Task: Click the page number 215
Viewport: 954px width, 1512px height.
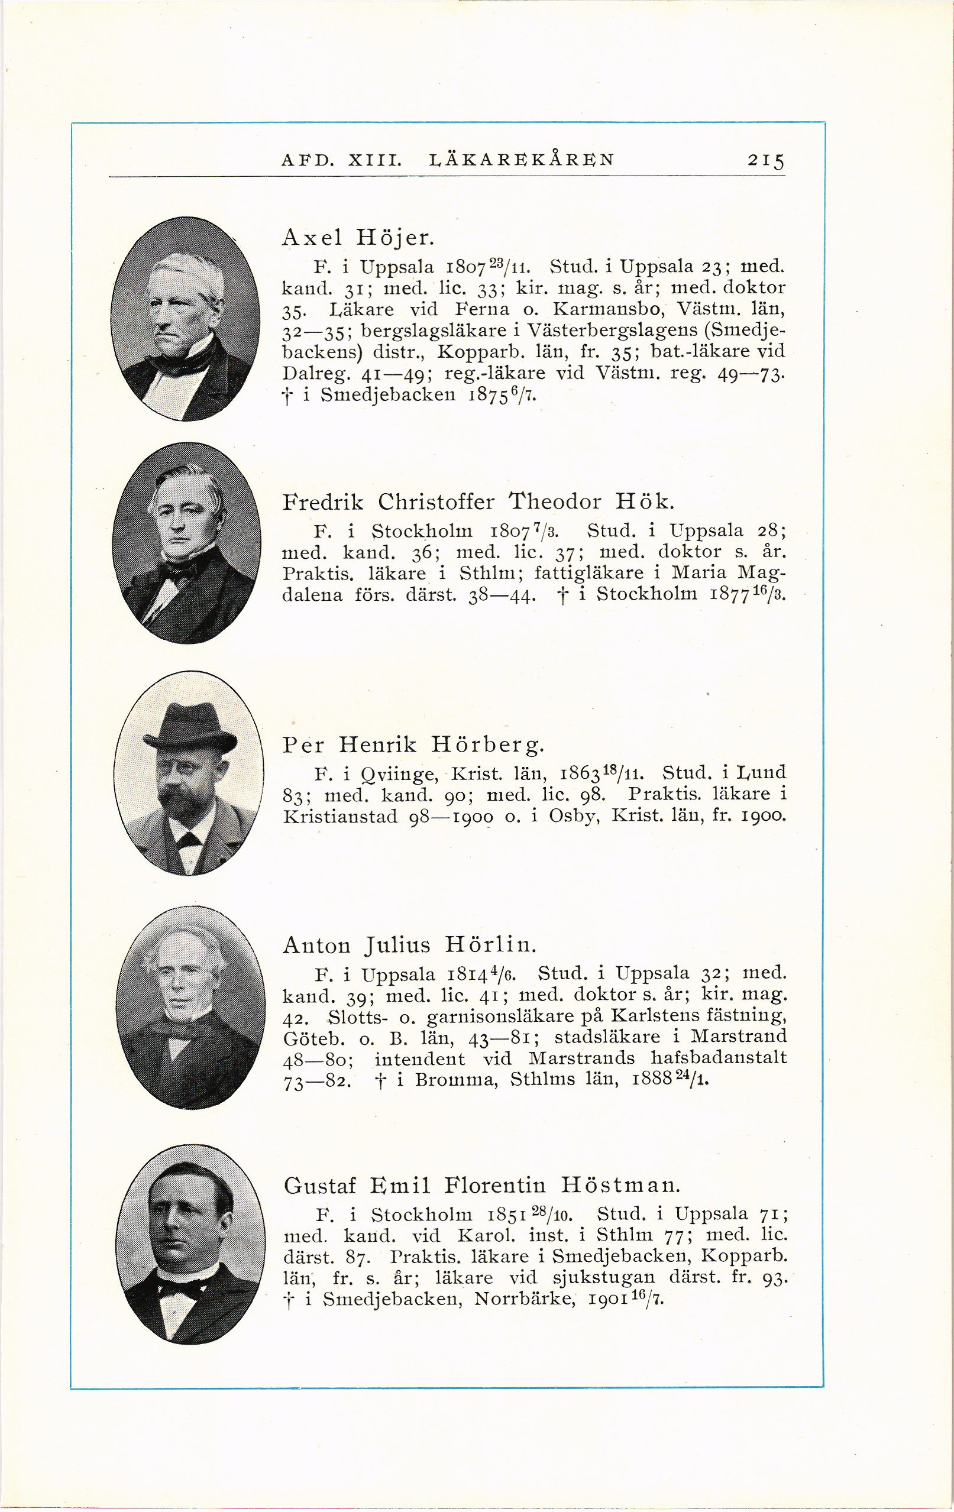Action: click(x=765, y=161)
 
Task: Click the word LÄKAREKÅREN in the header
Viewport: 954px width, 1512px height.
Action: click(x=520, y=160)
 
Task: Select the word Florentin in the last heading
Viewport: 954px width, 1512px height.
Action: click(x=495, y=1185)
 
